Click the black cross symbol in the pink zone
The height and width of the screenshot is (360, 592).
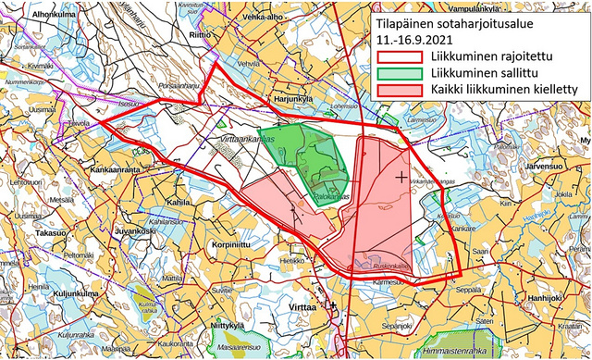(401, 175)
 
